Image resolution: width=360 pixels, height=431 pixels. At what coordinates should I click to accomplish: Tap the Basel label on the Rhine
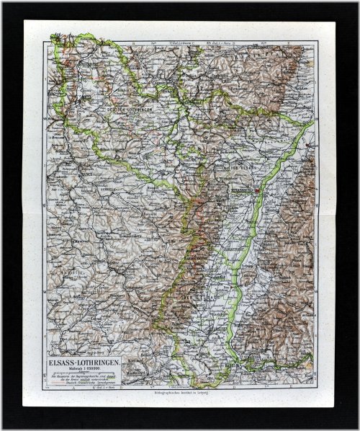point(238,365)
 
